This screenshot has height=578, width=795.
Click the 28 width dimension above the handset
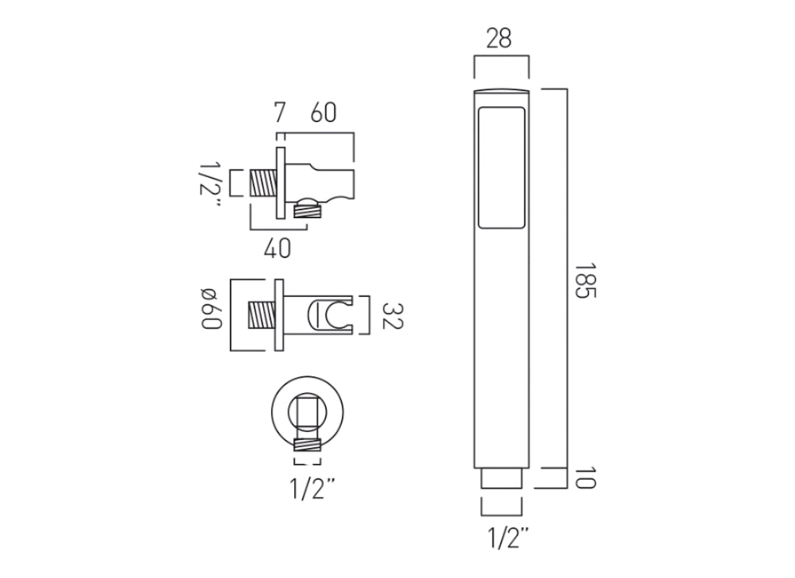coord(499,39)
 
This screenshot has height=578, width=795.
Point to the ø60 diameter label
coord(210,309)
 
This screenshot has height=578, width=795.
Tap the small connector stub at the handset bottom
coord(500,479)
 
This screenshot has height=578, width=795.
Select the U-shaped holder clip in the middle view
coord(326,316)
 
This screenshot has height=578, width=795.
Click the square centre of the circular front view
coord(307,412)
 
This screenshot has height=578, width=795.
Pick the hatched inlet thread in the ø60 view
coord(262,315)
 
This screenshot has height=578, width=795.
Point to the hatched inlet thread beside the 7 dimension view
coord(262,182)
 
